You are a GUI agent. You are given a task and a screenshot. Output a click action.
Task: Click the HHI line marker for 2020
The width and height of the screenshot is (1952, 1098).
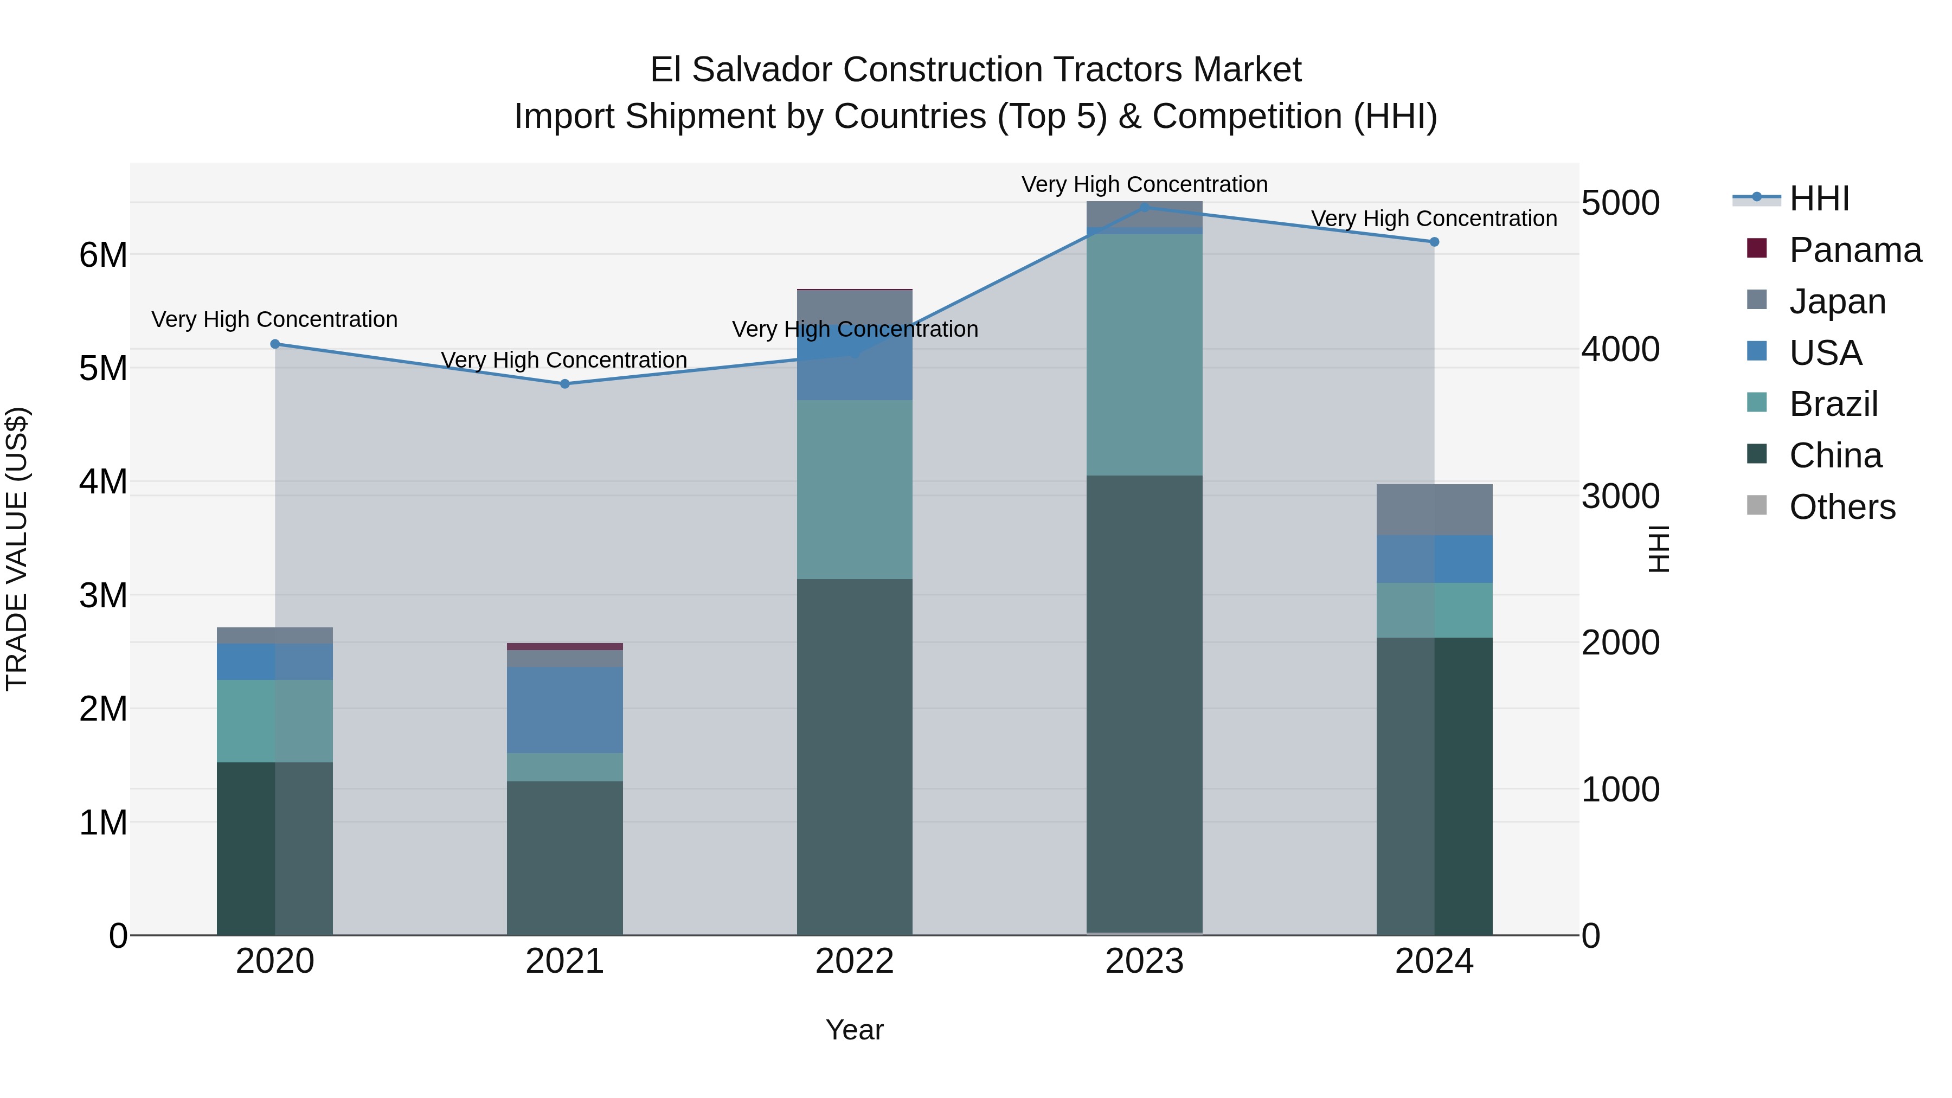pyautogui.click(x=275, y=344)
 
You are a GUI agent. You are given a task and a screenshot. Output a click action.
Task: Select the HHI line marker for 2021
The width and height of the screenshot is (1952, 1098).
pyautogui.click(x=564, y=384)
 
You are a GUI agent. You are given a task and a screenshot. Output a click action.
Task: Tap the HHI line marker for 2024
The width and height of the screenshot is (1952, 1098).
pyautogui.click(x=1434, y=242)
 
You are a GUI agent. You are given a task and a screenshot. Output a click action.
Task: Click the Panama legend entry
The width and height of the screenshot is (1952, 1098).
pyautogui.click(x=1854, y=250)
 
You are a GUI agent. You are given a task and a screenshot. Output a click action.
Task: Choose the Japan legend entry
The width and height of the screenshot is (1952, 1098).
pyautogui.click(x=1837, y=301)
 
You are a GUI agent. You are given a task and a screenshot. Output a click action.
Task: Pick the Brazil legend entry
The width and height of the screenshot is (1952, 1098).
pyautogui.click(x=1833, y=404)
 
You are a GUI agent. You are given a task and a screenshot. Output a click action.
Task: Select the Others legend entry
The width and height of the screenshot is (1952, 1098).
pyautogui.click(x=1841, y=507)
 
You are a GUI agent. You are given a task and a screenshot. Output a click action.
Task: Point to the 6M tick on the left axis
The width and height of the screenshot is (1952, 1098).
pyautogui.click(x=103, y=255)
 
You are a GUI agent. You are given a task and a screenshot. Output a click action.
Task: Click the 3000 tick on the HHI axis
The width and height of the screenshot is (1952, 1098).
pyautogui.click(x=1620, y=496)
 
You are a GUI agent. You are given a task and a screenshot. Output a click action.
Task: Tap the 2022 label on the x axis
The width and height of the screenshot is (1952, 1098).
pyautogui.click(x=854, y=961)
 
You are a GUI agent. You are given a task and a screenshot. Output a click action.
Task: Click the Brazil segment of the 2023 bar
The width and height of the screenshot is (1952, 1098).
pyautogui.click(x=1144, y=355)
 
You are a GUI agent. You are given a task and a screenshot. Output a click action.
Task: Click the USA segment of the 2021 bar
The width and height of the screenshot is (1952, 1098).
pyautogui.click(x=564, y=709)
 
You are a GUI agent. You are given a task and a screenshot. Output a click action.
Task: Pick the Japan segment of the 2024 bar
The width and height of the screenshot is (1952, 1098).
pyautogui.click(x=1434, y=510)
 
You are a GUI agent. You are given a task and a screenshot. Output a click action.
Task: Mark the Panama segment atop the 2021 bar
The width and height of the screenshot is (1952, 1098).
pyautogui.click(x=564, y=646)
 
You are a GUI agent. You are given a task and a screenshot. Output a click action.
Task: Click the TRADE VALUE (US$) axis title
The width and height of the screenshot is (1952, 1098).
pyautogui.click(x=17, y=549)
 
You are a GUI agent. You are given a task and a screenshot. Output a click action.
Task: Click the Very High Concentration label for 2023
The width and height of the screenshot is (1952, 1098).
pyautogui.click(x=1144, y=184)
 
